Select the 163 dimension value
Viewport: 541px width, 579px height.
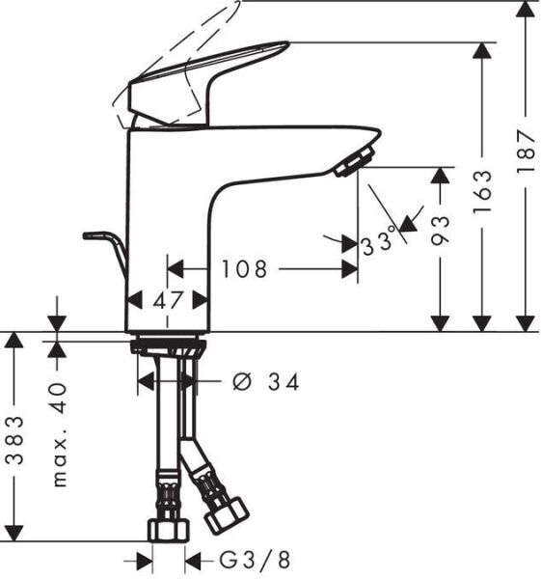click(485, 191)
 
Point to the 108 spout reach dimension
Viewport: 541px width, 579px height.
click(243, 269)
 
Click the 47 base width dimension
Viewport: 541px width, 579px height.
click(168, 300)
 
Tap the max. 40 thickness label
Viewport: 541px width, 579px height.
click(60, 434)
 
